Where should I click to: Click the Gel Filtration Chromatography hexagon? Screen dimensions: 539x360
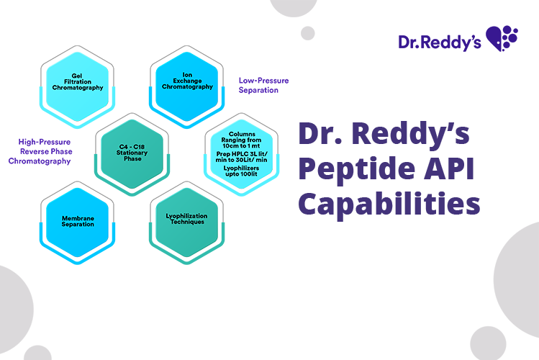coord(77,87)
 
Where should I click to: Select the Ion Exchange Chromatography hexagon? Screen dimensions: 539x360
coord(186,87)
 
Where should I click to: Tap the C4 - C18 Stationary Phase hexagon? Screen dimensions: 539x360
coord(132,154)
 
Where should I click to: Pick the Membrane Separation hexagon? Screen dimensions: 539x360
coord(77,222)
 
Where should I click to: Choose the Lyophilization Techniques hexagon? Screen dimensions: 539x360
coord(186,222)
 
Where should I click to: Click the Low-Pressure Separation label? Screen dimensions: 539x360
coord(263,85)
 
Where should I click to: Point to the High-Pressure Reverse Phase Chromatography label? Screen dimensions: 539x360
coord(40,151)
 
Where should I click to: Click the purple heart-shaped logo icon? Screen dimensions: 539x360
coord(502,38)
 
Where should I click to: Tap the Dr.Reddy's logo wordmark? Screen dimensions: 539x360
coord(440,42)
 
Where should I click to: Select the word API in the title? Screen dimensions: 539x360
coord(449,168)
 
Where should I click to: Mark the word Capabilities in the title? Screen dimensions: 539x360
coord(389,204)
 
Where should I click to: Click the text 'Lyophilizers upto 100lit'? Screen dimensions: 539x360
coord(241,171)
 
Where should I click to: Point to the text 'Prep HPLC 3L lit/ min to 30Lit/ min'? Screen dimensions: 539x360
coord(241,157)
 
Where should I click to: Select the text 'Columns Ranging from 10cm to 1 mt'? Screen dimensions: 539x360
coord(241,140)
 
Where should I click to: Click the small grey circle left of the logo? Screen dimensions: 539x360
coord(308,33)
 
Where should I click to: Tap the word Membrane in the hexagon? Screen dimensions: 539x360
coord(78,218)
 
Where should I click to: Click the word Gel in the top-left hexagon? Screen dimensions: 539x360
coord(77,76)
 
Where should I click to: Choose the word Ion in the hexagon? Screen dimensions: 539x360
coord(187,75)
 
